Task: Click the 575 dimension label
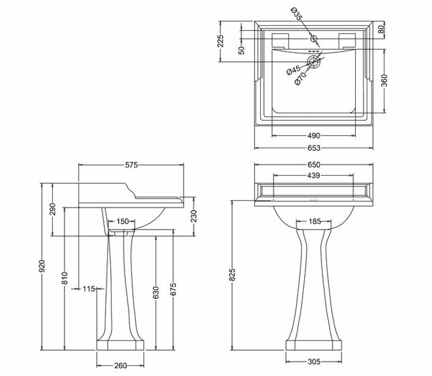(x=131, y=165)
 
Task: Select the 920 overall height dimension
(x=42, y=266)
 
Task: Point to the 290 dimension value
(x=52, y=209)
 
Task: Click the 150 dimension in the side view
(x=122, y=221)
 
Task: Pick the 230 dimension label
(x=194, y=216)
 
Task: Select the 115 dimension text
(x=89, y=289)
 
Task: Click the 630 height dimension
(x=156, y=293)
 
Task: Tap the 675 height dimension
(x=173, y=289)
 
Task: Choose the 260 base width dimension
(x=121, y=366)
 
